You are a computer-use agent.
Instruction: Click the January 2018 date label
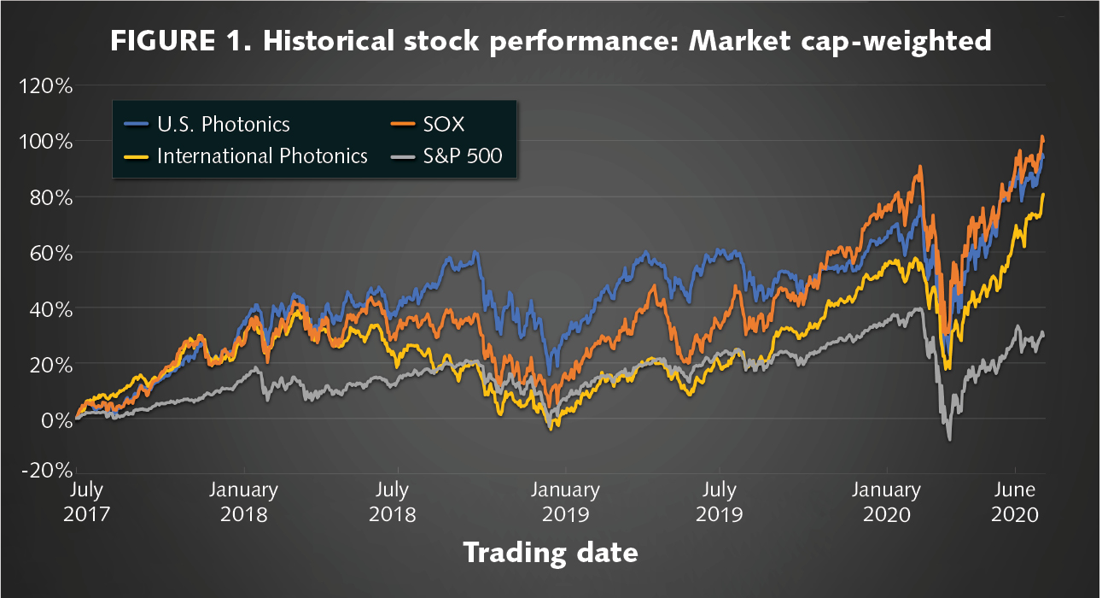pos(244,502)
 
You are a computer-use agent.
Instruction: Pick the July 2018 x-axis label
pos(392,502)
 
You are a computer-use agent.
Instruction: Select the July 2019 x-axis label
pos(720,502)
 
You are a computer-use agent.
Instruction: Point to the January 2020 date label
pos(888,502)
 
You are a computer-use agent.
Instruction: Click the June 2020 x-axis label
pos(1015,502)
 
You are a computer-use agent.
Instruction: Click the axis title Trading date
pos(550,553)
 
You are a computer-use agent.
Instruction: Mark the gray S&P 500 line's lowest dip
pos(948,440)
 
